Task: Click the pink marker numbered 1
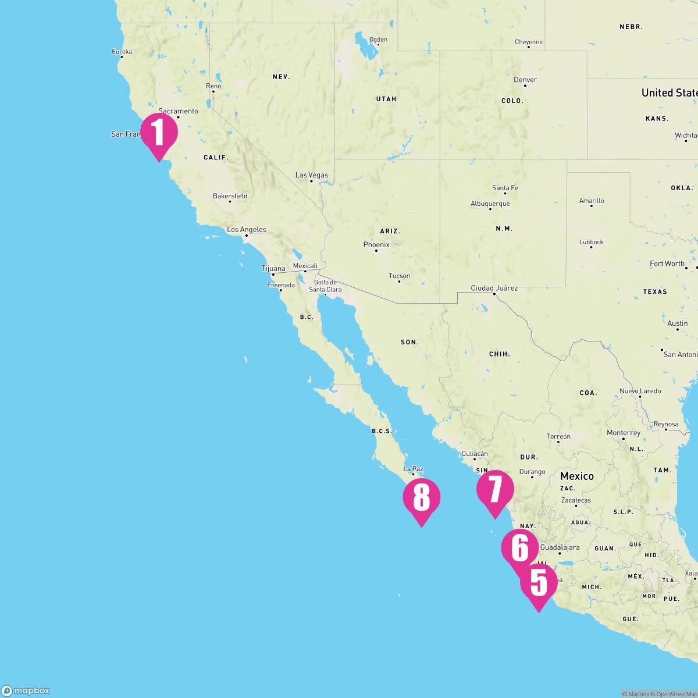tap(158, 133)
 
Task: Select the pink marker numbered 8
tap(421, 498)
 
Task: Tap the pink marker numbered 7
tap(494, 490)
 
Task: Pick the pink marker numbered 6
tap(519, 547)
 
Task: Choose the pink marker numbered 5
tap(539, 583)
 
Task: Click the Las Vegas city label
tap(311, 175)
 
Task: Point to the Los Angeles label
tap(247, 230)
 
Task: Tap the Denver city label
tap(525, 80)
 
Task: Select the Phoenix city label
tap(376, 245)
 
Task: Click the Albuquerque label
tap(490, 204)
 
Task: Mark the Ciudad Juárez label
tap(494, 289)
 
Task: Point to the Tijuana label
tap(273, 269)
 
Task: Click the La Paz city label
tap(414, 469)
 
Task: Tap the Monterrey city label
tap(624, 433)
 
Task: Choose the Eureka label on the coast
tap(122, 52)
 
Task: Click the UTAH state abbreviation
tap(386, 99)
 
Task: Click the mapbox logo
tap(26, 690)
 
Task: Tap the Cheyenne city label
tap(529, 42)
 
